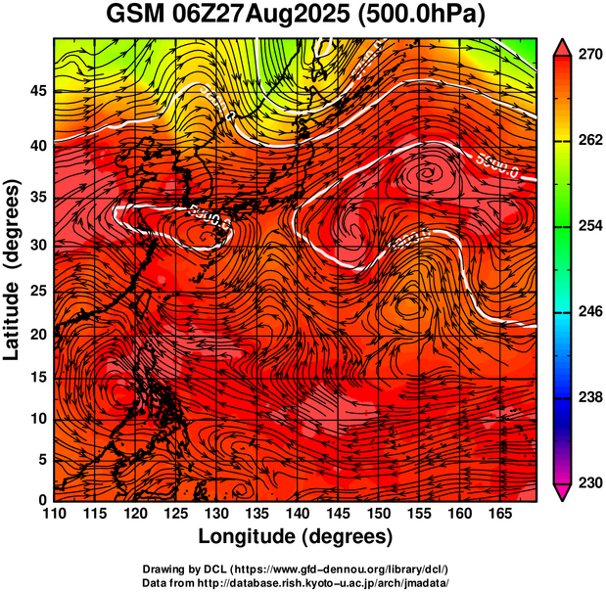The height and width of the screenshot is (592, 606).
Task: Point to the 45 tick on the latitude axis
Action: [37, 90]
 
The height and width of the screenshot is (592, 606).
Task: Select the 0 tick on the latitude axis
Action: [42, 501]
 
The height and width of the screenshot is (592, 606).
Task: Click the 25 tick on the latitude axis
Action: [37, 293]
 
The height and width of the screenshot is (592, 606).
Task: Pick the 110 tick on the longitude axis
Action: [54, 515]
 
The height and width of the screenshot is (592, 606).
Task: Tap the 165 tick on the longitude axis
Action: [498, 515]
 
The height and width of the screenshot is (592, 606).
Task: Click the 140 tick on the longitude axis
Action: [296, 515]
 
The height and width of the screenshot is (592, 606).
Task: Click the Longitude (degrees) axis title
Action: [296, 536]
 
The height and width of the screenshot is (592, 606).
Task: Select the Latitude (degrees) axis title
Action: [13, 270]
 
